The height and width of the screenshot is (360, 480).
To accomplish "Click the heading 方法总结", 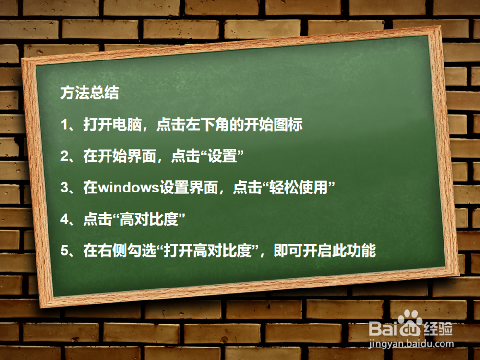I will [x=89, y=93].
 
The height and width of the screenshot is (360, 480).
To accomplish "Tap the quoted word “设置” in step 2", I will [x=222, y=156].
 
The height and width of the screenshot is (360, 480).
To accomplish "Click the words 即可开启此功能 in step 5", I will [x=324, y=251].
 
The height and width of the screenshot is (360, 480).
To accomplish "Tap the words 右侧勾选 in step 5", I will [x=130, y=251].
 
